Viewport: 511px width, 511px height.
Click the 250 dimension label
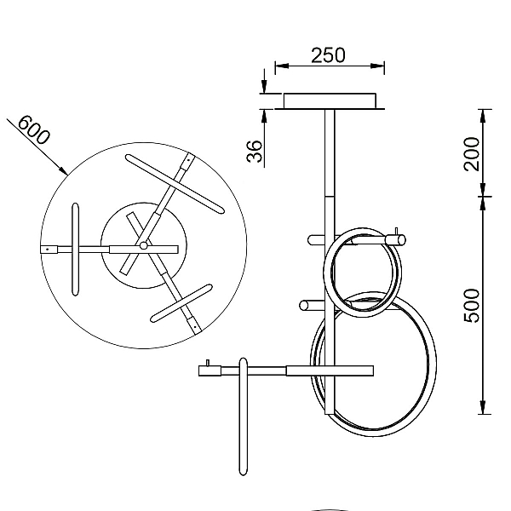coord(328,55)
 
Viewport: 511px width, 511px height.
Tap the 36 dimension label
coord(255,152)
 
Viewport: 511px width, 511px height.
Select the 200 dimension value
coord(472,154)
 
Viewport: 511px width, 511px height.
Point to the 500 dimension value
coord(472,306)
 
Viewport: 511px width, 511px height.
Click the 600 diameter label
coord(34,130)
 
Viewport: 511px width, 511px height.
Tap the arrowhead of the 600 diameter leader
coord(64,170)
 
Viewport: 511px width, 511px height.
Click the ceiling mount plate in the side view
coord(330,101)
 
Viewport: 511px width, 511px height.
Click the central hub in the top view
coord(143,245)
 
